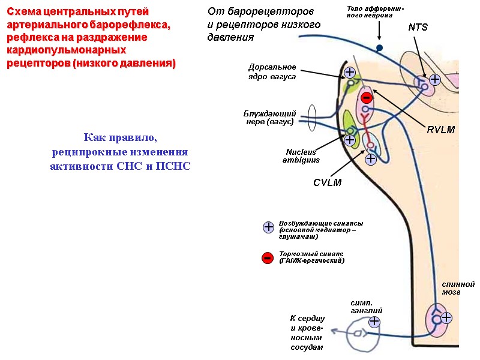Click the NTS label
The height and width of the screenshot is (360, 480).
click(x=418, y=28)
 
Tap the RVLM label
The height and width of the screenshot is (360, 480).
click(x=441, y=130)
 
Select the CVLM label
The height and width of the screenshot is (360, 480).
click(x=327, y=182)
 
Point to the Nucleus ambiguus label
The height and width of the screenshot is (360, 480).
click(x=301, y=156)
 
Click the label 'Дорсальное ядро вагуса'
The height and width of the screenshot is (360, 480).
click(x=272, y=71)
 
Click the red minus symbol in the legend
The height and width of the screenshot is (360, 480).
click(x=268, y=258)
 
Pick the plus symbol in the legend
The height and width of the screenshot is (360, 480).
click(x=268, y=227)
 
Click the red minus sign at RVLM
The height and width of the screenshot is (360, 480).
click(x=367, y=97)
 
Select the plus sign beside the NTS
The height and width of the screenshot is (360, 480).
click(x=435, y=79)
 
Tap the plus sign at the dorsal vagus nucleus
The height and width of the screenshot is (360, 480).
click(x=349, y=73)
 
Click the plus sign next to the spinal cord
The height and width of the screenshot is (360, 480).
click(x=446, y=317)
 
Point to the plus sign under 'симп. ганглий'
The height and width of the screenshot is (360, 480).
click(x=374, y=322)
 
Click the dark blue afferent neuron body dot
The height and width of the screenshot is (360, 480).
click(x=379, y=48)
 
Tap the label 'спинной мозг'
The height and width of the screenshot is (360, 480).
click(x=457, y=287)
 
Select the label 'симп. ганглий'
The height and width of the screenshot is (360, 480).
click(x=366, y=306)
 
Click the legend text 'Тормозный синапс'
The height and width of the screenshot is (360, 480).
click(x=311, y=254)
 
